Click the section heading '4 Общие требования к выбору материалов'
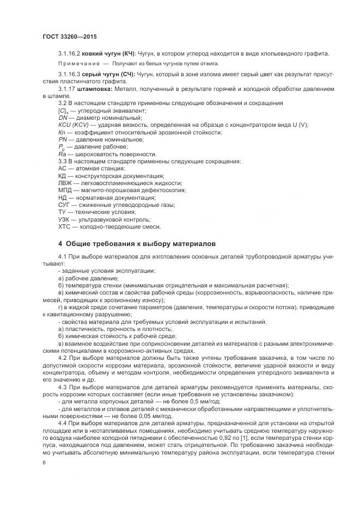[137, 243]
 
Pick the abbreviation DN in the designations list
[62, 118]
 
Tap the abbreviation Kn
[62, 132]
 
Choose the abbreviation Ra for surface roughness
[62, 155]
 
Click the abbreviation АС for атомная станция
[62, 169]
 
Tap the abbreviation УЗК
[64, 220]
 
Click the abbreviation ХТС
[64, 227]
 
